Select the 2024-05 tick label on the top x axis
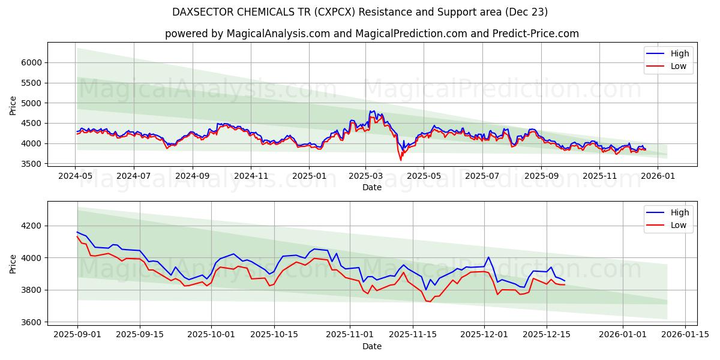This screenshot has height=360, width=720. point(76,176)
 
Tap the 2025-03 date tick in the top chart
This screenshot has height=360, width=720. point(365,176)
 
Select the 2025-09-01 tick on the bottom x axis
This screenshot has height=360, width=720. point(77,335)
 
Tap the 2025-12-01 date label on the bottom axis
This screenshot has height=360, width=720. point(484,335)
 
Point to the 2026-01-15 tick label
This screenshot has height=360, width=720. point(685,335)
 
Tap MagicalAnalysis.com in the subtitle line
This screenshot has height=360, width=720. point(278,34)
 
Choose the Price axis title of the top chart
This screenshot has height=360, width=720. point(13,105)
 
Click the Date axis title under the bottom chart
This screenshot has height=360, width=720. point(372,346)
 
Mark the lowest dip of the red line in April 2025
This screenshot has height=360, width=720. point(401,160)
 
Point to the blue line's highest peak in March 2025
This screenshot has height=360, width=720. point(374,111)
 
